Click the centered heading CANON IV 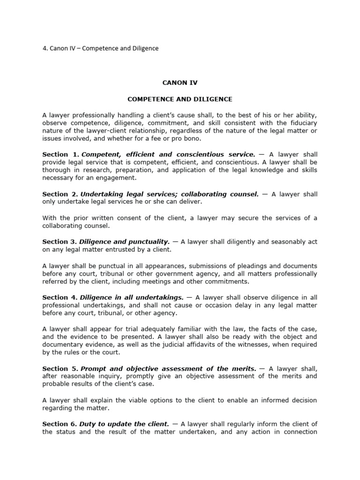click(180, 82)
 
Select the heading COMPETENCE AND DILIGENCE click(180, 99)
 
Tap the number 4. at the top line click(45, 48)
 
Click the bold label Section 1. click(60, 154)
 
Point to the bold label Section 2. click(60, 194)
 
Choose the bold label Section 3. click(60, 242)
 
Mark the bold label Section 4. click(60, 297)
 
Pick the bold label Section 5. click(60, 369)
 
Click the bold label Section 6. click(60, 424)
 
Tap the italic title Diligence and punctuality click(124, 242)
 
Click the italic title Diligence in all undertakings click(132, 297)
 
